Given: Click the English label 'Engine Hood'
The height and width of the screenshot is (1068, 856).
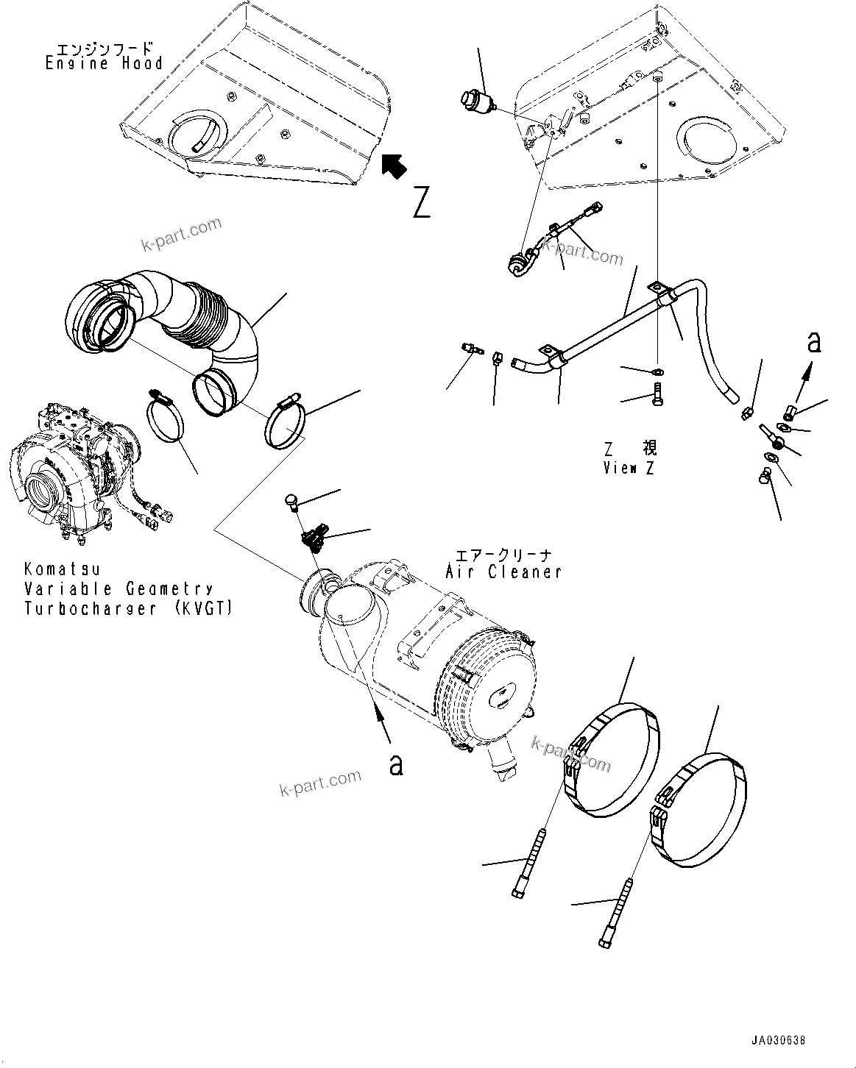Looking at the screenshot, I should coord(103,64).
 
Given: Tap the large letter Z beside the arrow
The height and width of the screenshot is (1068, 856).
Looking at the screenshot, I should coord(421,203).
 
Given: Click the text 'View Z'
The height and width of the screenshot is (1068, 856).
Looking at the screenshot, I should coord(629,468).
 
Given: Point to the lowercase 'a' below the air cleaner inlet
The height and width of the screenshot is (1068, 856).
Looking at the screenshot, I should coord(396,765).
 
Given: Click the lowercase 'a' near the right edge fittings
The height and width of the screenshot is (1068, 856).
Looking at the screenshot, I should coord(813,343).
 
